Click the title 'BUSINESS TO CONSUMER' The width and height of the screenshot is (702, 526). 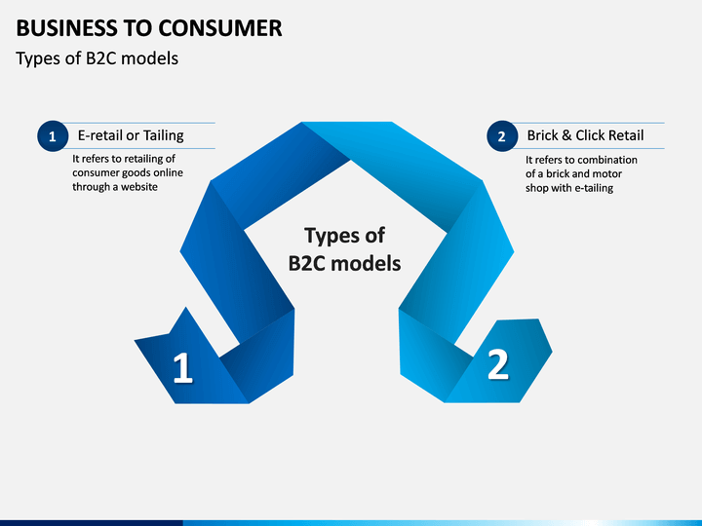tap(149, 27)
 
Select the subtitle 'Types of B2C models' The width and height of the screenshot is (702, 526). tap(97, 58)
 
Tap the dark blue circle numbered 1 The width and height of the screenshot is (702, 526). tap(52, 136)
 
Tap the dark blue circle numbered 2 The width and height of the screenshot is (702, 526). tap(501, 136)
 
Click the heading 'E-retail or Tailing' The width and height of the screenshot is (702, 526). tap(131, 135)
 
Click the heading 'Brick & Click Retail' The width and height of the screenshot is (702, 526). tap(585, 135)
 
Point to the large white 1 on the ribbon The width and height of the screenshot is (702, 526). tap(182, 368)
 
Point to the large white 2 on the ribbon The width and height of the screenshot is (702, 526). tap(497, 364)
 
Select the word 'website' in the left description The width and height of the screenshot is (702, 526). tap(136, 186)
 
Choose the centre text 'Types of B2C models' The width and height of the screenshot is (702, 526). tap(344, 248)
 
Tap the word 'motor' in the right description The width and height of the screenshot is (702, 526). tap(606, 173)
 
